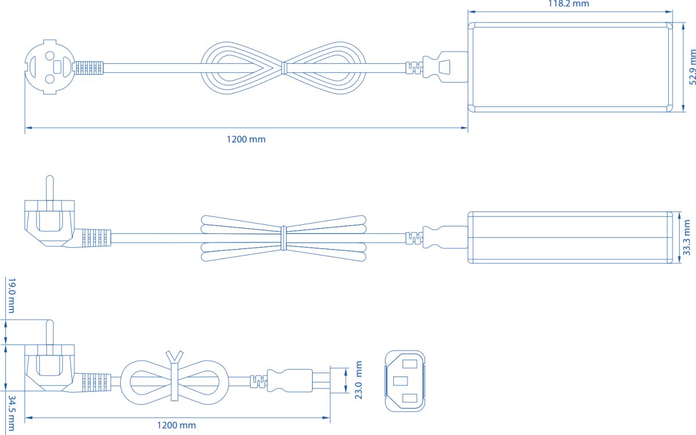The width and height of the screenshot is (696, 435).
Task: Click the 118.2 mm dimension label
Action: (569, 4)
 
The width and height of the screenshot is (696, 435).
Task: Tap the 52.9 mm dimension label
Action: (692, 67)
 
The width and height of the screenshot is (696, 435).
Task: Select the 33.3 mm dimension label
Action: (687, 237)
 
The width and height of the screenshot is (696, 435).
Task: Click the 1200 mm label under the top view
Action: (246, 139)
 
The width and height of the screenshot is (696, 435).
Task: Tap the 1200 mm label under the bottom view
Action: (176, 425)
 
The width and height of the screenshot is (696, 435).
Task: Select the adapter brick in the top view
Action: (570, 67)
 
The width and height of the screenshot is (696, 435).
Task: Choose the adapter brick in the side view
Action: (570, 237)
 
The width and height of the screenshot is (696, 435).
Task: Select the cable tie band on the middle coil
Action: (283, 237)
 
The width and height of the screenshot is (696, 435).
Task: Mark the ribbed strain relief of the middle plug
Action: (95, 237)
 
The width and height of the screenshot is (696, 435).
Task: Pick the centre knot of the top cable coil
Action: (283, 68)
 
